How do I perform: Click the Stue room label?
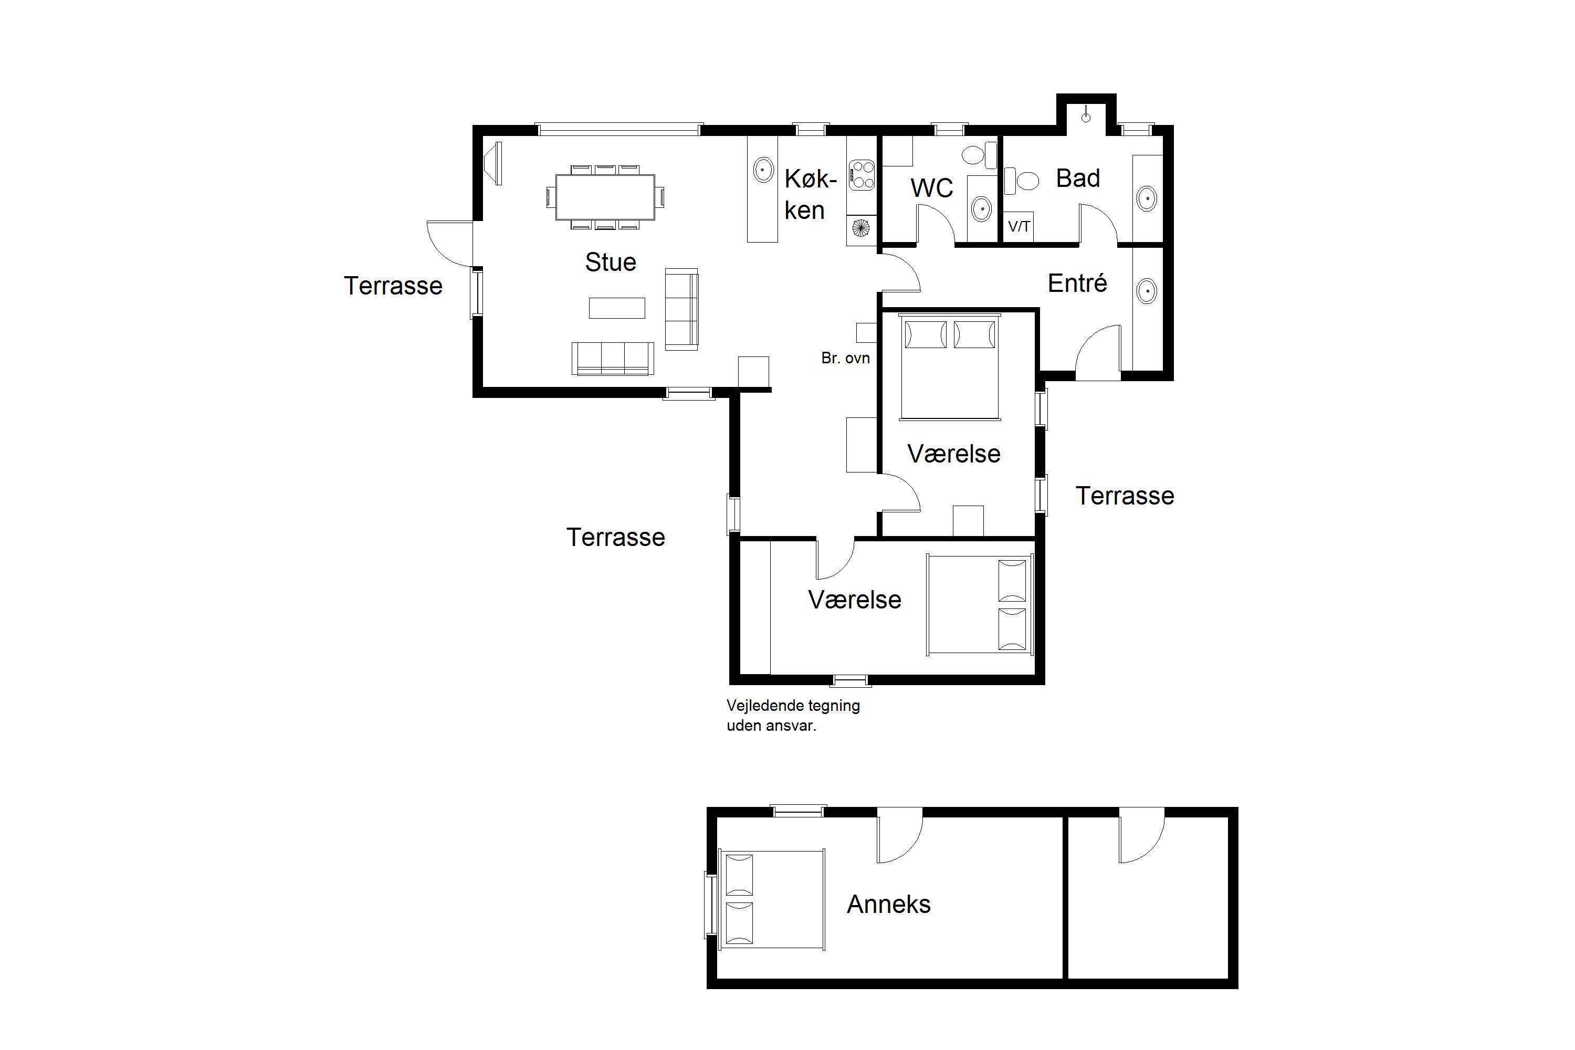click(610, 262)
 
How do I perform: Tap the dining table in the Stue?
click(605, 197)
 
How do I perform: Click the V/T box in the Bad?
click(1019, 227)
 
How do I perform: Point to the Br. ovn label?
click(845, 358)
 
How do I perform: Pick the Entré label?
click(1077, 283)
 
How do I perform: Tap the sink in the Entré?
click(1147, 291)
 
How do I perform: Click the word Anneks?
click(889, 904)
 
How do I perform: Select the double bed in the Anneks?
click(771, 899)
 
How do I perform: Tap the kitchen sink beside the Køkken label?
click(763, 170)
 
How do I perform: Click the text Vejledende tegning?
click(793, 706)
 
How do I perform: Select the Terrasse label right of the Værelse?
click(1125, 496)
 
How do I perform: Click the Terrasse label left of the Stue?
click(393, 286)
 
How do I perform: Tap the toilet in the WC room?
click(979, 155)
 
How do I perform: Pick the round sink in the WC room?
click(981, 208)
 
